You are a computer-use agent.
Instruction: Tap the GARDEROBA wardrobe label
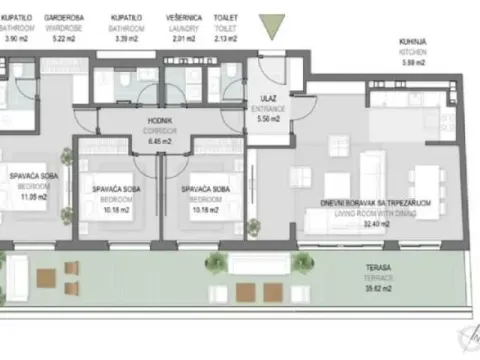pos(66,17)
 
